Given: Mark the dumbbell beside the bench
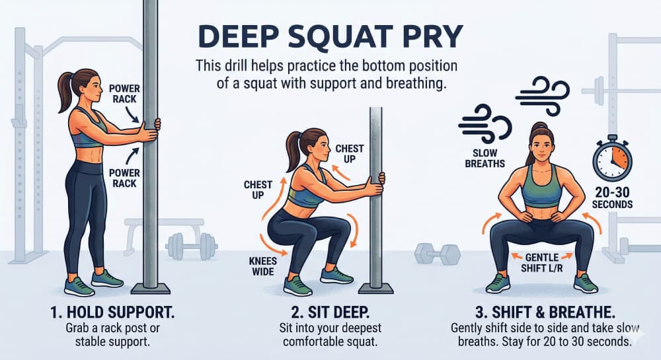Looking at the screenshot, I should (183, 245).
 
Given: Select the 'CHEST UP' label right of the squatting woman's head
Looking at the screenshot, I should (350, 154).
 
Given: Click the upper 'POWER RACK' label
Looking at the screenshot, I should (125, 92).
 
